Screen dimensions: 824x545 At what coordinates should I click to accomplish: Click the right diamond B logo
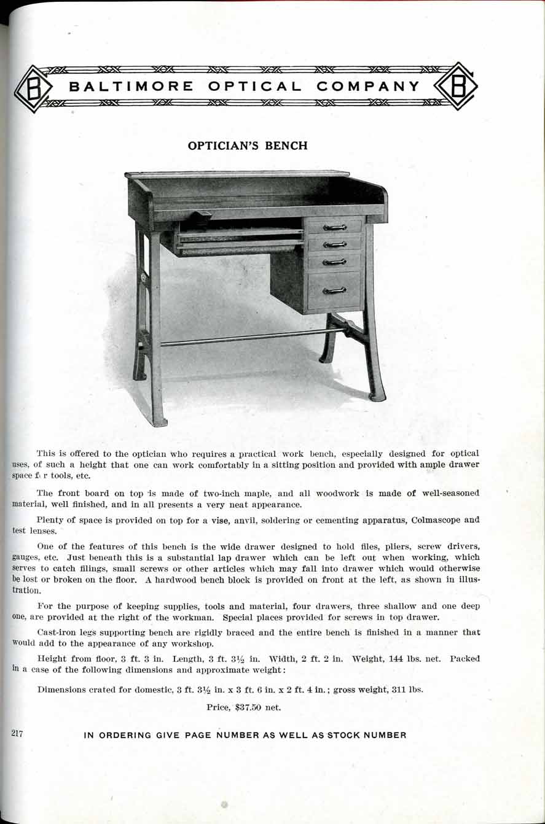coord(456,87)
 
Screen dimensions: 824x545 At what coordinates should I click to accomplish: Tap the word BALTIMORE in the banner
coord(131,87)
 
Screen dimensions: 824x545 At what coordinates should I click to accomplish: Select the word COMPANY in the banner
coord(368,87)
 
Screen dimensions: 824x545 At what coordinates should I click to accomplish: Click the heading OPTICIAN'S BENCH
coord(247,146)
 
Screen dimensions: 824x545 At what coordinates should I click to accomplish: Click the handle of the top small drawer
coord(335,227)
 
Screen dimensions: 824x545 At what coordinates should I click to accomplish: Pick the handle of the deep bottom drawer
coord(334,290)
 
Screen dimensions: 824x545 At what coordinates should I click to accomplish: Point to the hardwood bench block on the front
coord(200,216)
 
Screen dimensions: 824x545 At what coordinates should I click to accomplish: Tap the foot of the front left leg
coord(159,421)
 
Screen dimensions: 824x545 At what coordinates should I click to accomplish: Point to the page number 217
coord(17,732)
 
